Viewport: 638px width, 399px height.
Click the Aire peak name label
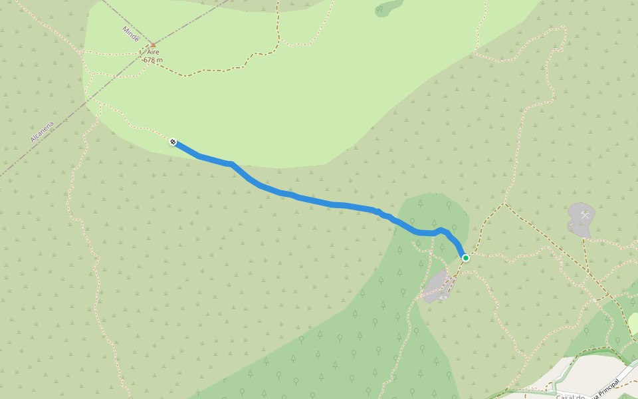tap(154, 52)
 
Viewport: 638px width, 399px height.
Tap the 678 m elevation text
tap(153, 60)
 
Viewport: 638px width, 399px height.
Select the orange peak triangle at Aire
tap(154, 45)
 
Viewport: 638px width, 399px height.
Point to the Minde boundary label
tap(131, 33)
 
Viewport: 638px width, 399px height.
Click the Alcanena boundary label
tap(42, 130)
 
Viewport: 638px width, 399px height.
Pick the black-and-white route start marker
tap(173, 142)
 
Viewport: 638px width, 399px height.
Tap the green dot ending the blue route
tap(466, 257)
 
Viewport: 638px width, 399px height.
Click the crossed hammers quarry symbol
tap(585, 215)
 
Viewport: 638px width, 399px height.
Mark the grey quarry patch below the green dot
tap(437, 286)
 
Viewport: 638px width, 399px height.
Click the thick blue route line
tap(312, 200)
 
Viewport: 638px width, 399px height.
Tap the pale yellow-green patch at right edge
tap(633, 323)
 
